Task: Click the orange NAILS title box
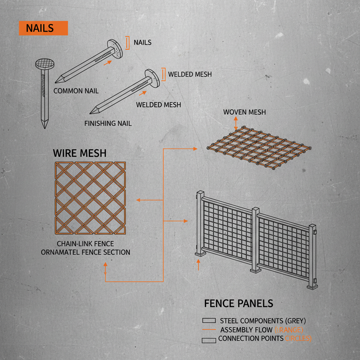[x=43, y=28]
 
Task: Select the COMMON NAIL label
[x=76, y=91]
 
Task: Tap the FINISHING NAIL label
[x=108, y=123]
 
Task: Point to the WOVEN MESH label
[x=244, y=112]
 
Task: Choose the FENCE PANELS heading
[x=238, y=303]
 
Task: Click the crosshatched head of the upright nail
[x=46, y=64]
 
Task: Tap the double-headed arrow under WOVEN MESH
[x=236, y=124]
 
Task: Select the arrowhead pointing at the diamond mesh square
[x=138, y=200]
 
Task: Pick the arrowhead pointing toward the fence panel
[x=186, y=221]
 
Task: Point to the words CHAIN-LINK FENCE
[x=85, y=244]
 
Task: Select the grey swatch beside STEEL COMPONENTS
[x=209, y=321]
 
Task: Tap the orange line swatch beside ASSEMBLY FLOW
[x=209, y=330]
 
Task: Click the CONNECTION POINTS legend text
[x=251, y=339]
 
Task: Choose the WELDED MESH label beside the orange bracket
[x=190, y=75]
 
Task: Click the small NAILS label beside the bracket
[x=142, y=43]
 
